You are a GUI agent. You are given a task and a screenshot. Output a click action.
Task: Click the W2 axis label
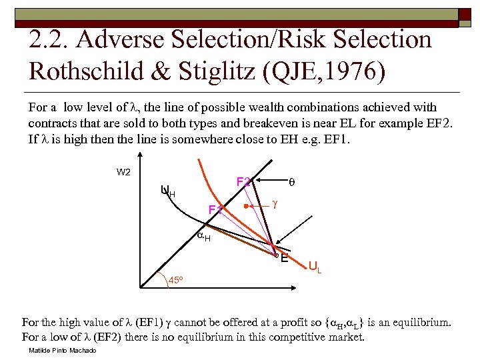click(123, 172)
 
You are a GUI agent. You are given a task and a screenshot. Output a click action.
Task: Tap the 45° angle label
click(175, 279)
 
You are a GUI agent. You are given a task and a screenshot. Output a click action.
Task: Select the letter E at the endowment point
click(285, 257)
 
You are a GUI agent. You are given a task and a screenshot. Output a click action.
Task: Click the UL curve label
click(315, 267)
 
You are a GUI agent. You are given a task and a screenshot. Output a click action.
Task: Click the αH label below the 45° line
click(204, 237)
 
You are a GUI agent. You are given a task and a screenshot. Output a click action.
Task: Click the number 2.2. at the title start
click(50, 40)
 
